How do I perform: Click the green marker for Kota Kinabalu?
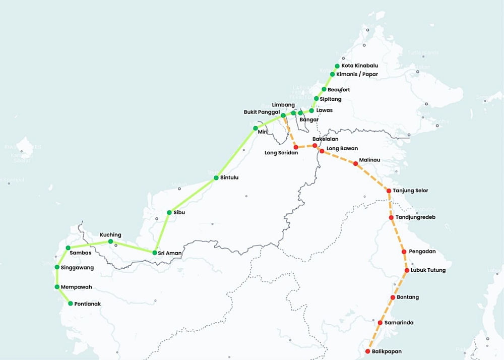coord(337,66)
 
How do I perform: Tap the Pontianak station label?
coord(87,304)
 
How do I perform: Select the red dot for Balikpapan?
coord(368,351)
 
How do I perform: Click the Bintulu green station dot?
coord(216,178)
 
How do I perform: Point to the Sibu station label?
coord(179,213)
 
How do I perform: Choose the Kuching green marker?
coord(110,242)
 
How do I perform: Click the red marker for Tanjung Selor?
coord(389,191)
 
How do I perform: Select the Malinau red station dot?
coord(355,163)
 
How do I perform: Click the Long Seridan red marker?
coord(296,147)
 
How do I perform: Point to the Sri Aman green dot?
coord(154,253)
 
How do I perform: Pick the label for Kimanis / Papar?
coord(357,75)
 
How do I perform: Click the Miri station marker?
coord(256,128)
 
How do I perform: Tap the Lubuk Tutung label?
coord(428,270)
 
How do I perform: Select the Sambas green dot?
coord(68,248)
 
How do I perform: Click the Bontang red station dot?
coord(393,297)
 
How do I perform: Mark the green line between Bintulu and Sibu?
coord(193,195)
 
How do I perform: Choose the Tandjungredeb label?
coord(415,217)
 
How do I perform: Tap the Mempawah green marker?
coord(57,287)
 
